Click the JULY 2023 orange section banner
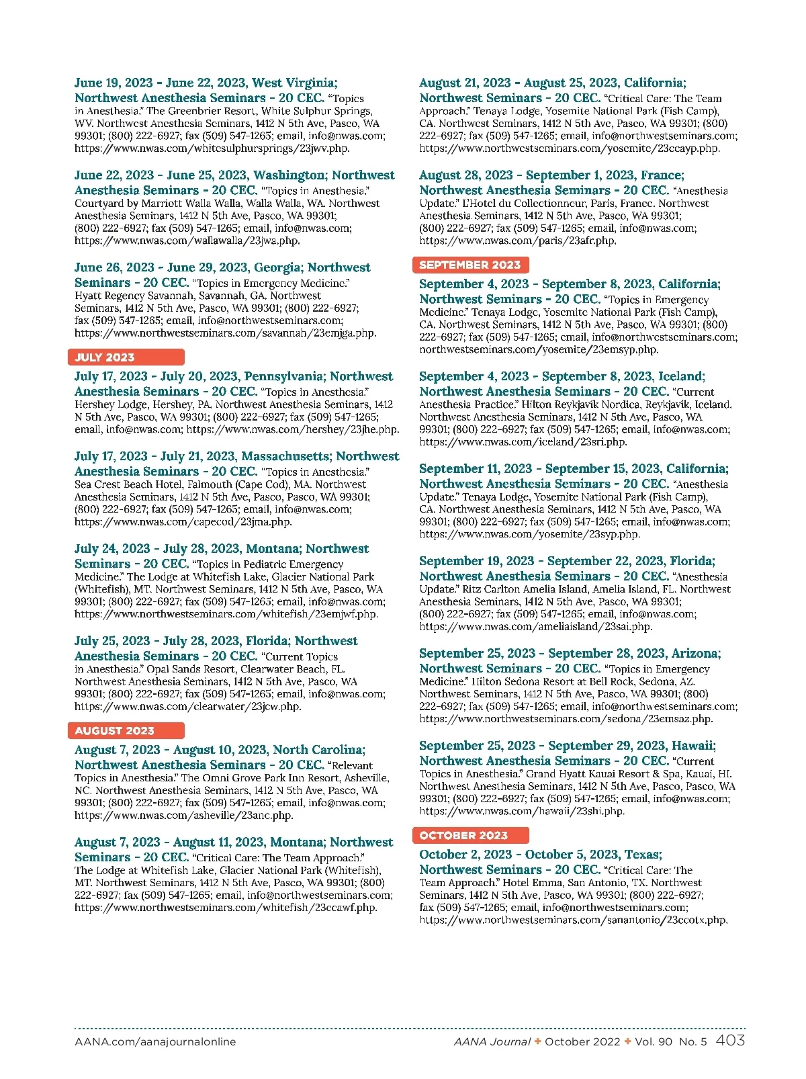(126, 357)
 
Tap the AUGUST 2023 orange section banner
(126, 731)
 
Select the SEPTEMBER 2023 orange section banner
(470, 265)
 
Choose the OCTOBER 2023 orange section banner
(470, 836)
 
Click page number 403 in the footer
(730, 1041)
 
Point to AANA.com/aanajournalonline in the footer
(155, 1042)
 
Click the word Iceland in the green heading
(680, 376)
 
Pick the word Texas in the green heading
(642, 855)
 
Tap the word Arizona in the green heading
(695, 653)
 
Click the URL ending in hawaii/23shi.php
(522, 811)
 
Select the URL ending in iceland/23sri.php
(523, 442)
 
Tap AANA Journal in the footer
(492, 1042)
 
